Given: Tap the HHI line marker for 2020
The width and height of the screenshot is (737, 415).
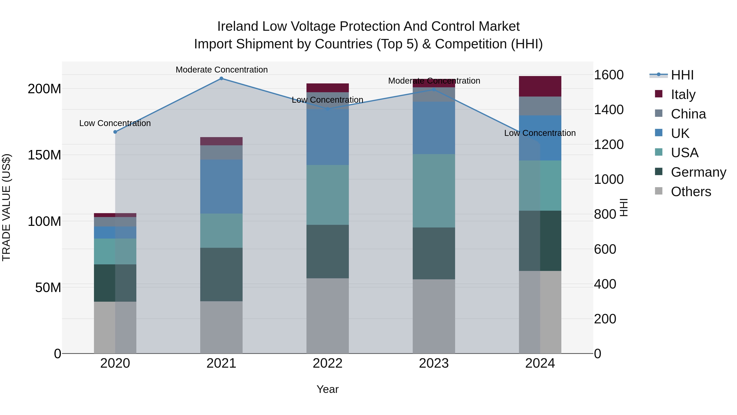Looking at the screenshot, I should [115, 132].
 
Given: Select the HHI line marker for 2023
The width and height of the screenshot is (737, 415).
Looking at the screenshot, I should [434, 90].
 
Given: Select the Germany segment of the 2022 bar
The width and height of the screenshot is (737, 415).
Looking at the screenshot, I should [328, 251].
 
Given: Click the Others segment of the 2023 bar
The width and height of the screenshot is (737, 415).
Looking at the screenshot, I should [434, 316].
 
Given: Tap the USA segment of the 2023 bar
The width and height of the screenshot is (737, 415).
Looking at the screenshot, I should [434, 191].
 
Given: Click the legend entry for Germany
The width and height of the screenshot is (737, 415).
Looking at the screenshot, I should [698, 172].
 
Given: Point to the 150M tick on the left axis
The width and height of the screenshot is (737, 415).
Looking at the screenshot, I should [44, 155].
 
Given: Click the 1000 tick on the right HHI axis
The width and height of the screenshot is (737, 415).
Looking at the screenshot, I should [609, 179].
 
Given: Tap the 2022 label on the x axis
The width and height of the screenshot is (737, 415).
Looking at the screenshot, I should [328, 363].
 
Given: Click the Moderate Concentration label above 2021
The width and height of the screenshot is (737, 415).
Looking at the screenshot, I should [222, 70].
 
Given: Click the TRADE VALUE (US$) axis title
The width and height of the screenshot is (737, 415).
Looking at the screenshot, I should [6, 207].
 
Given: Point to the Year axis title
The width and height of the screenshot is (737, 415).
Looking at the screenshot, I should [328, 389].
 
